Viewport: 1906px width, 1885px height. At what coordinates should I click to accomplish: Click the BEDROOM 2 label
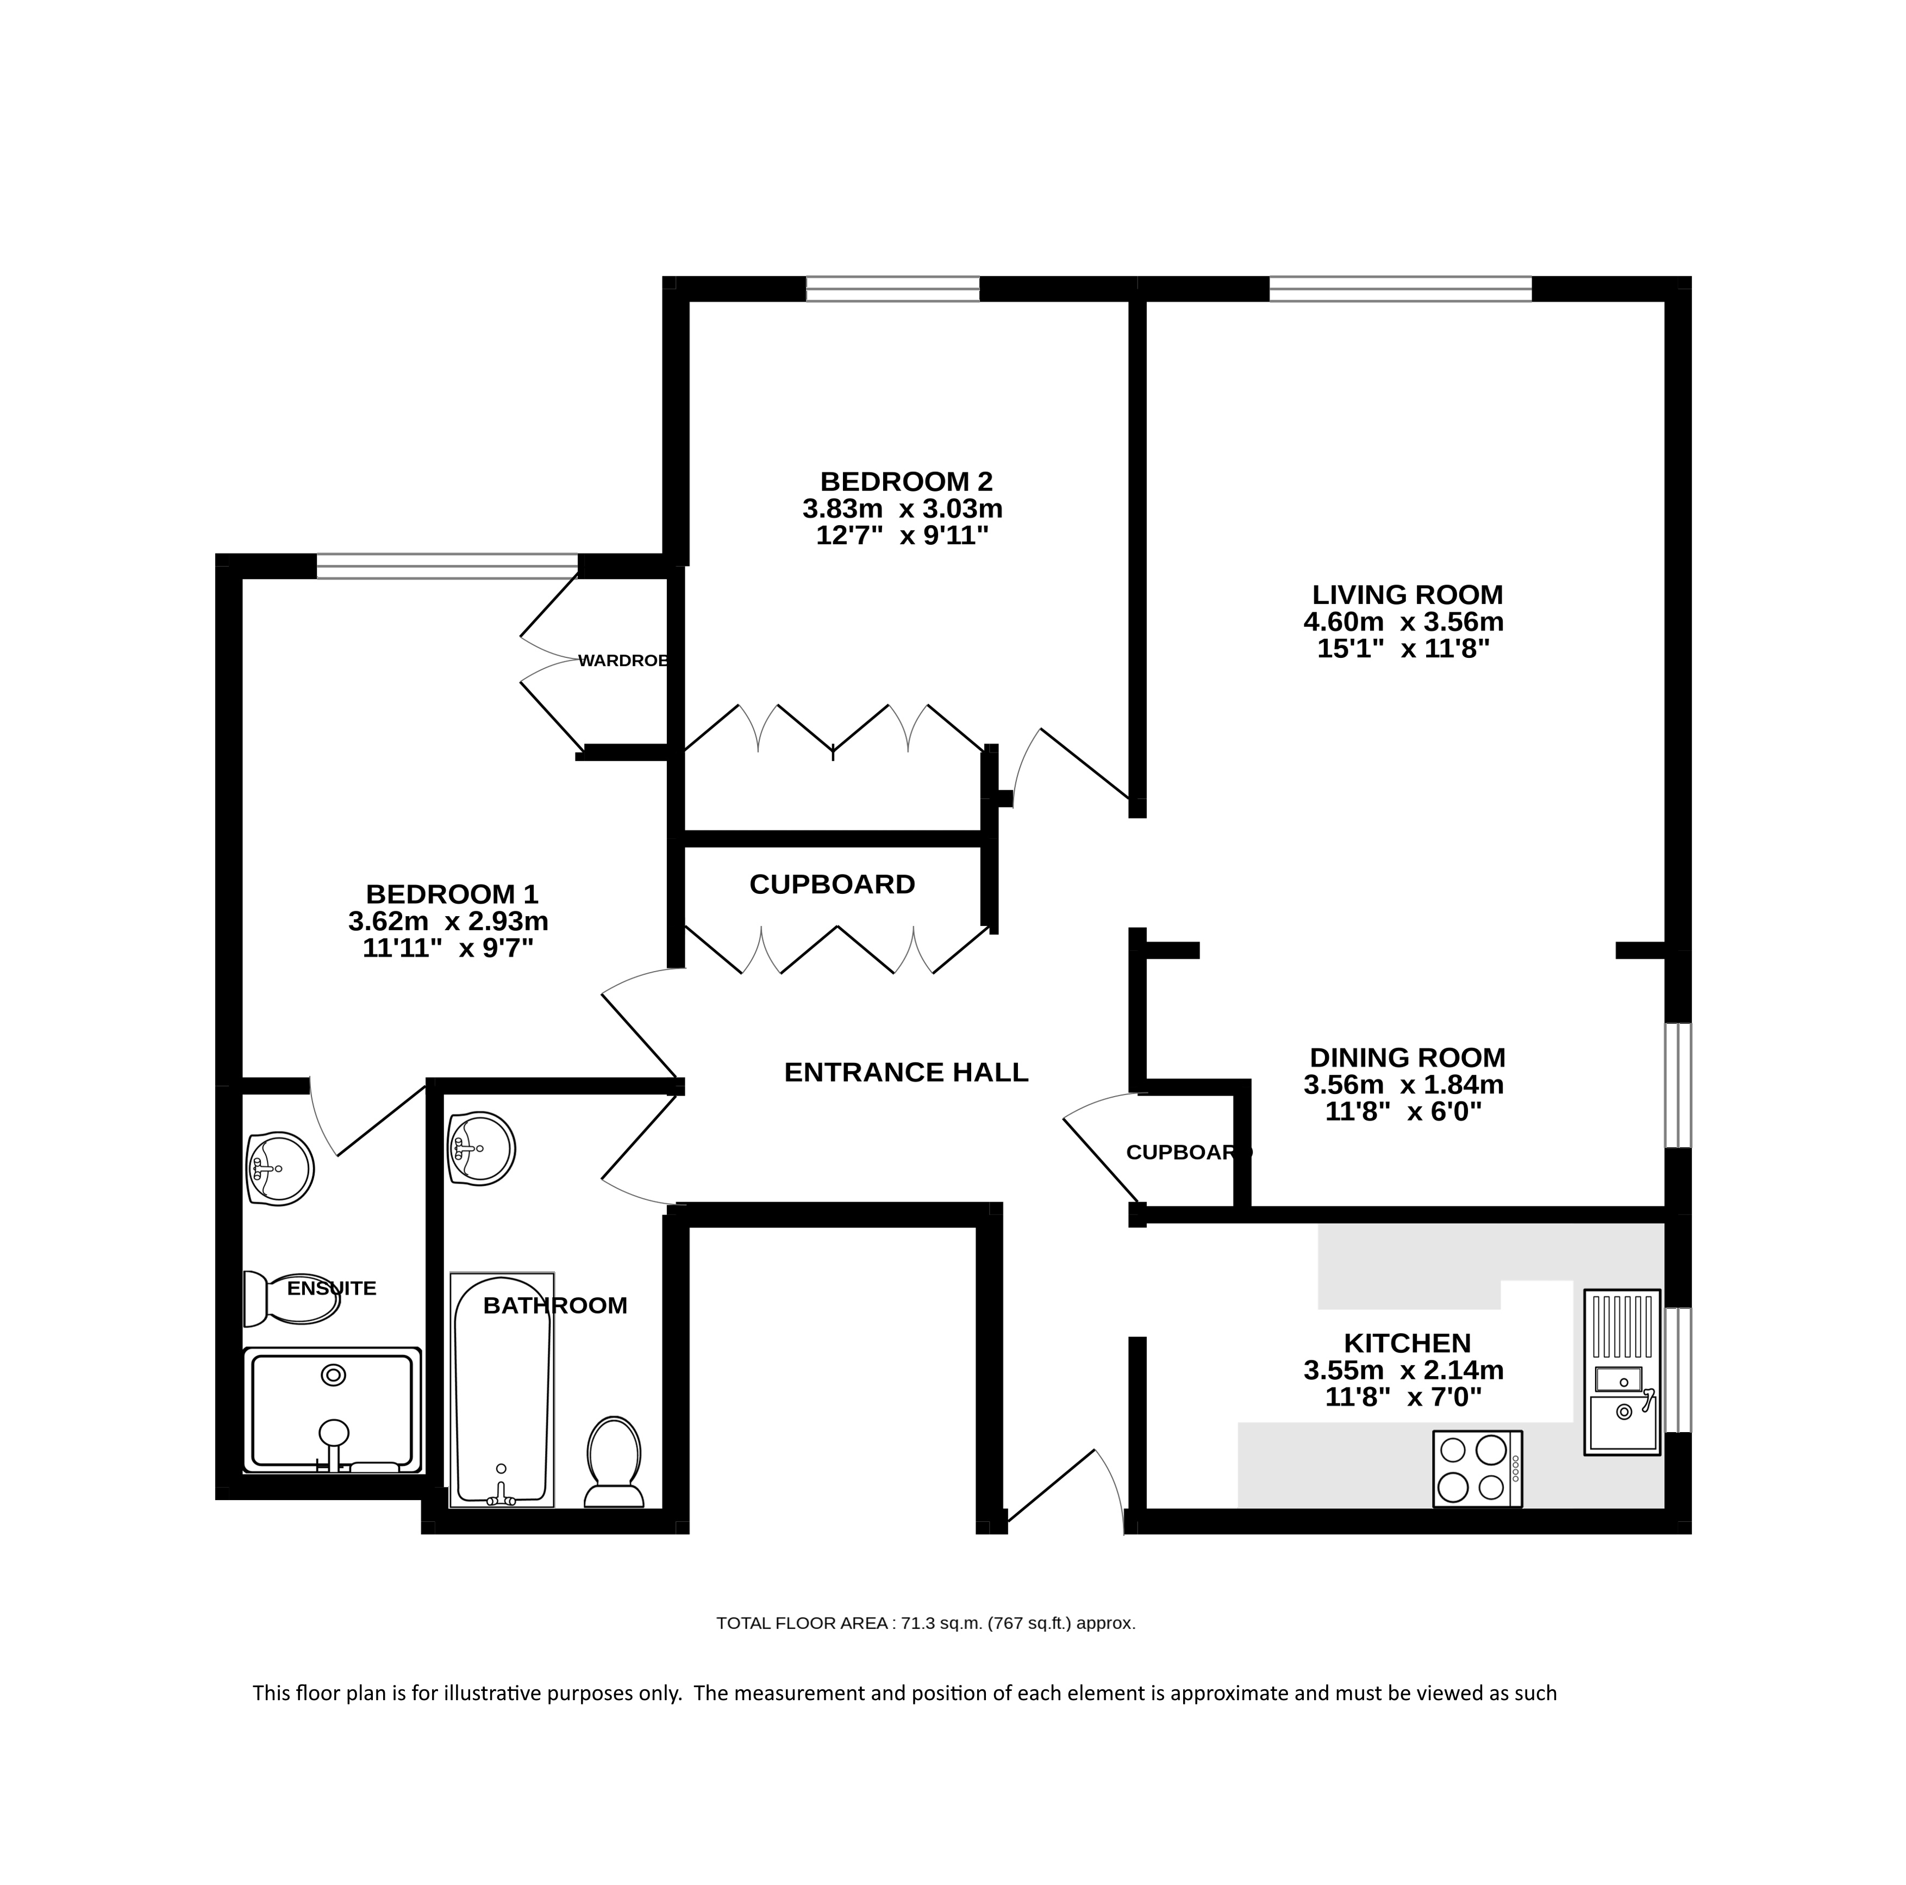click(905, 482)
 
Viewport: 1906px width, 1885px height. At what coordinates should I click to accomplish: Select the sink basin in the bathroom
click(482, 1148)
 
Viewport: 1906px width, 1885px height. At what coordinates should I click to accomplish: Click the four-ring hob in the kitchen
click(1477, 1469)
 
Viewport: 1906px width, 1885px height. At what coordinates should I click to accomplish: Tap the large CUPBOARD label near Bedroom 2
click(832, 884)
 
